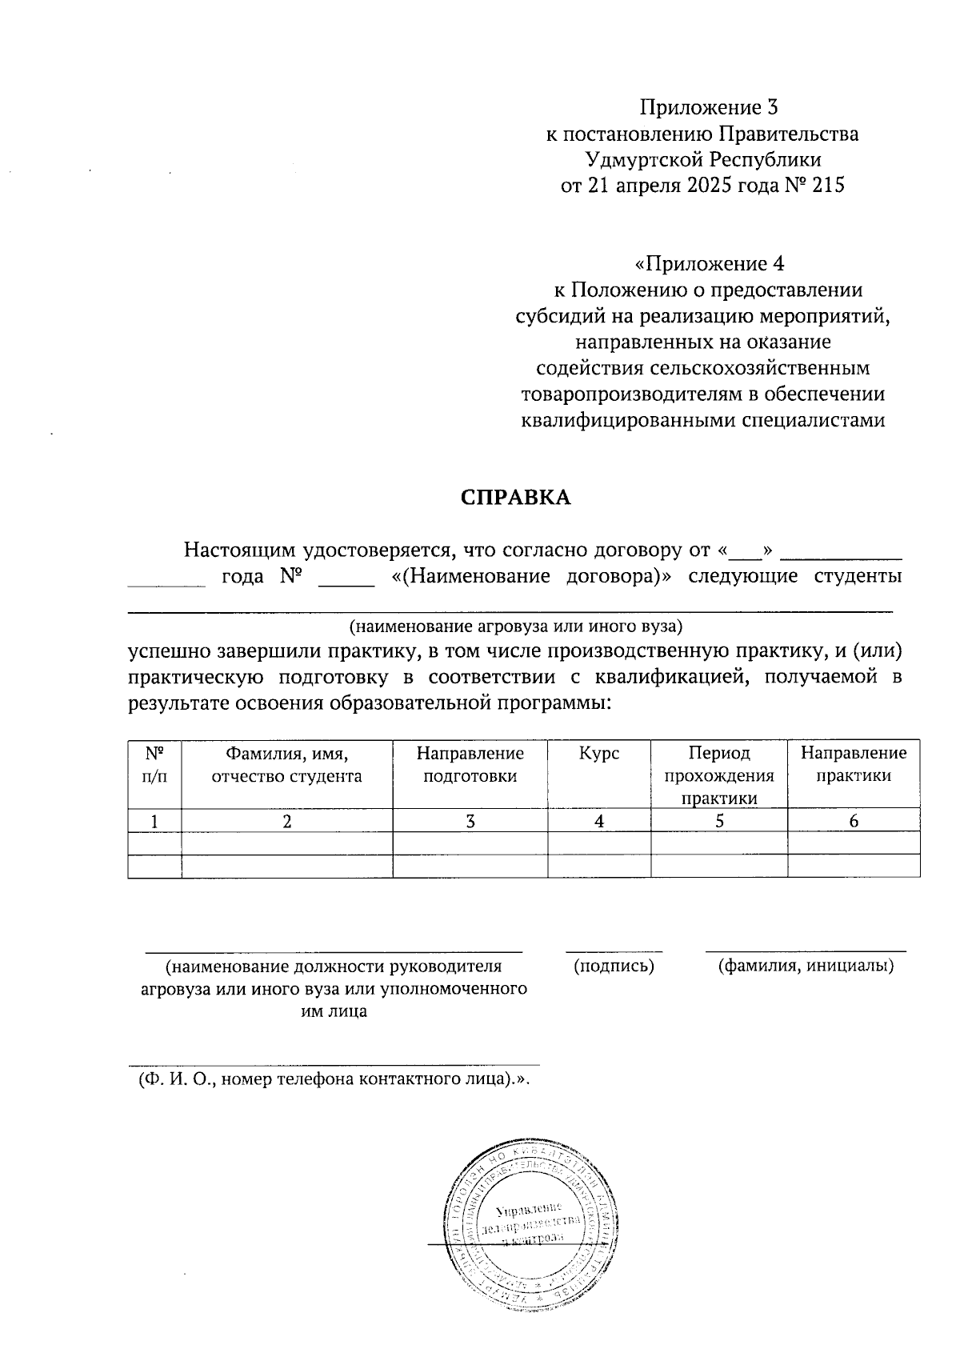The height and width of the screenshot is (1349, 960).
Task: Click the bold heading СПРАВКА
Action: click(515, 498)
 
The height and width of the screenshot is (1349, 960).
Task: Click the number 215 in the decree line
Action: click(828, 186)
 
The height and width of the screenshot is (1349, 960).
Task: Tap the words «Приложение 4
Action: click(709, 263)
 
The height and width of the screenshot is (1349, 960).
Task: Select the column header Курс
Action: click(599, 754)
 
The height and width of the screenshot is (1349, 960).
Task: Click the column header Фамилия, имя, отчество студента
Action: click(286, 764)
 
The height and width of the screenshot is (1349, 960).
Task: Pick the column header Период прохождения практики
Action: click(718, 775)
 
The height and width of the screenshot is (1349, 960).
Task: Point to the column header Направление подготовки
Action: click(470, 764)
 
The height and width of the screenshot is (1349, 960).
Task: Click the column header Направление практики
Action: click(854, 764)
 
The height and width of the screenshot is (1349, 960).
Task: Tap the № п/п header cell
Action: click(154, 764)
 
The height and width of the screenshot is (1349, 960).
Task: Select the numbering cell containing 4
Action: click(599, 821)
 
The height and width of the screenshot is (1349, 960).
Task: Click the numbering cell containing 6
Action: click(854, 821)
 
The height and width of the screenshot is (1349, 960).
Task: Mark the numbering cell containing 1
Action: click(154, 821)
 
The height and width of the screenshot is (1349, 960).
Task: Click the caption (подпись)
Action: click(614, 967)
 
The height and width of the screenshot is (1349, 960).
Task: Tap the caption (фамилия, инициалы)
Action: click(806, 967)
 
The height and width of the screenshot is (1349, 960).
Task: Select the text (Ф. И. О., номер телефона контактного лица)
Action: click(335, 1079)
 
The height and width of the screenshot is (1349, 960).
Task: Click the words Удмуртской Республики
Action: click(702, 160)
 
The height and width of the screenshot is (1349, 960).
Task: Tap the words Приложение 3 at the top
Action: click(709, 107)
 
